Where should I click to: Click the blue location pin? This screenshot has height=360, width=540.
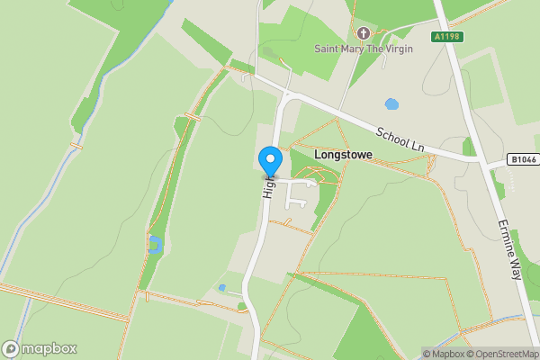tap(269, 161)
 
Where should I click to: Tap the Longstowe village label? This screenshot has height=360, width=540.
tap(343, 155)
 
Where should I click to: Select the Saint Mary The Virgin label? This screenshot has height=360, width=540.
tap(363, 49)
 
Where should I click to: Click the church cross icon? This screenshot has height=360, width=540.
tap(364, 32)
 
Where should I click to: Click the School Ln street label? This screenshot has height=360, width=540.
tap(400, 137)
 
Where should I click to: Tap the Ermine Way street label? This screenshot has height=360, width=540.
tap(509, 247)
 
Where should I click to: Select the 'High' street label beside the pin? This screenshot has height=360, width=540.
tap(267, 186)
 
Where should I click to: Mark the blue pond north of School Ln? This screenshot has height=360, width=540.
tap(391, 103)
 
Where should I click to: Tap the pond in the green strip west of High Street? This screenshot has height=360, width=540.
tap(154, 243)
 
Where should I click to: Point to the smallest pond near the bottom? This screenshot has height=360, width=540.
tap(222, 288)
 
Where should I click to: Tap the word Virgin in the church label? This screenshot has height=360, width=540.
tap(396, 49)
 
